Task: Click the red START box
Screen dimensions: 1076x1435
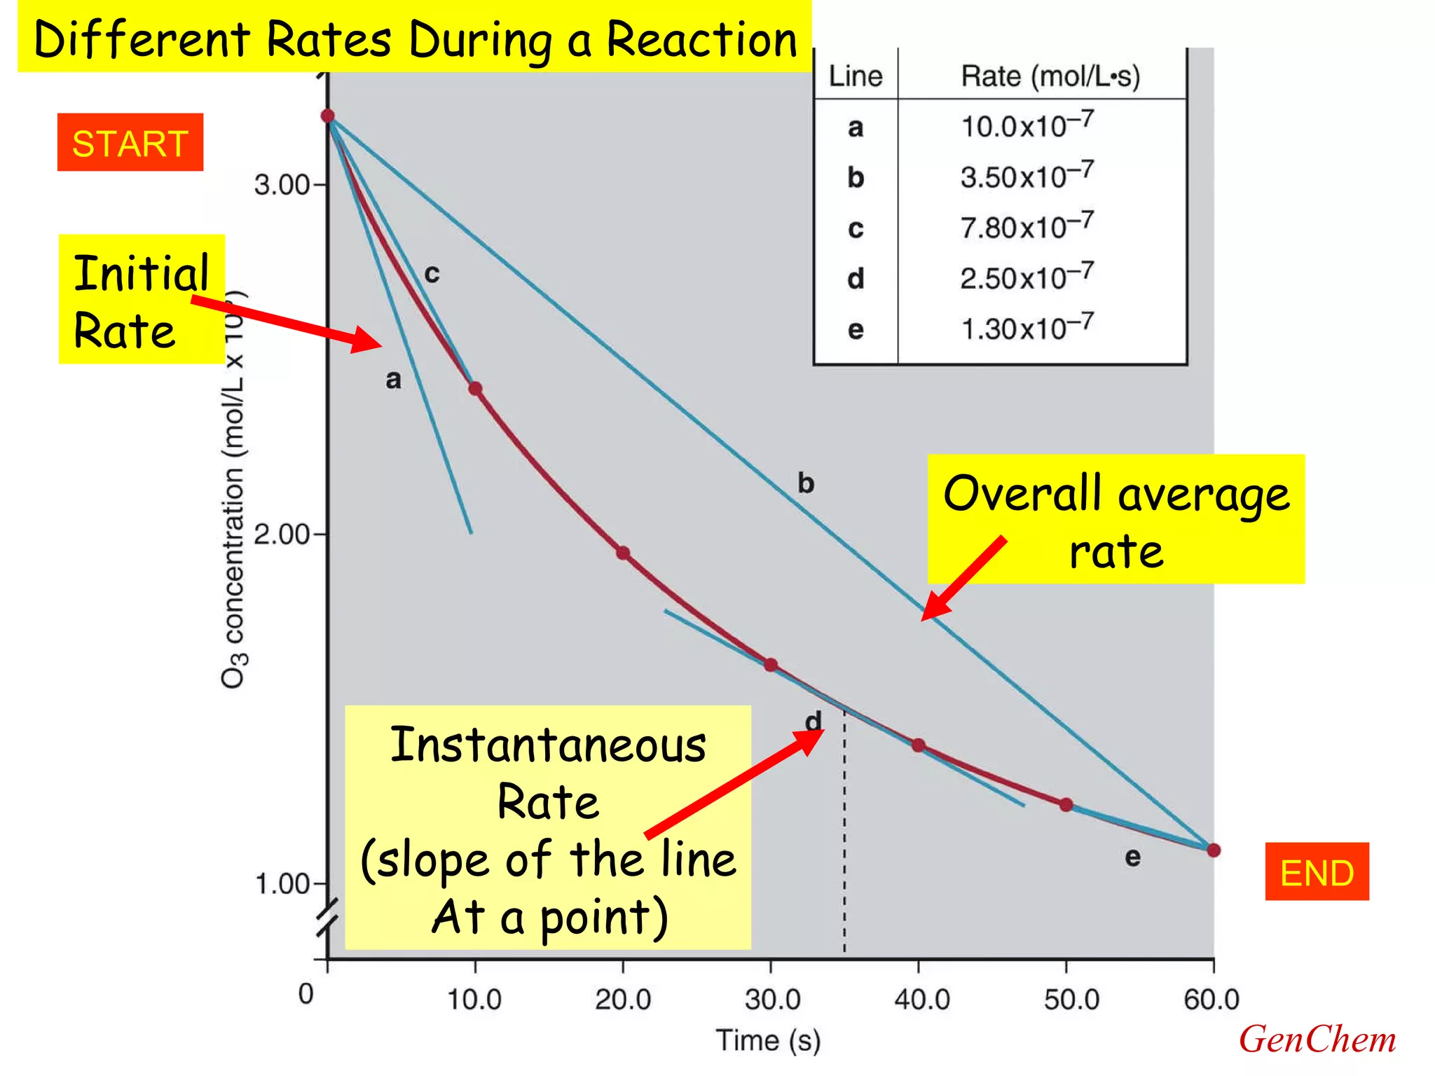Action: tap(130, 143)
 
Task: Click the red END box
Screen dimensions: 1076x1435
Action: tap(1317, 872)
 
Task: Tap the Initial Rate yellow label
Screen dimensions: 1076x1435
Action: tap(141, 300)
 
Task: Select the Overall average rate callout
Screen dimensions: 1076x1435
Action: tap(1115, 520)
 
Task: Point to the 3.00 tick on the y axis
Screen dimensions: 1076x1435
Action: tap(282, 185)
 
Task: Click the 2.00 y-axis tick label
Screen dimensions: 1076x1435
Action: tap(282, 534)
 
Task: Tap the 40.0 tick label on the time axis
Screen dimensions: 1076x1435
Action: tap(921, 1000)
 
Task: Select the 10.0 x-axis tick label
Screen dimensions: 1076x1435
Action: tap(474, 1000)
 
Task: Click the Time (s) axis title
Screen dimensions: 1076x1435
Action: tap(768, 1040)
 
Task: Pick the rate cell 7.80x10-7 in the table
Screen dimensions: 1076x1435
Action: tap(1026, 226)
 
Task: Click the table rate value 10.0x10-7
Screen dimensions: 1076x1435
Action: tap(1026, 125)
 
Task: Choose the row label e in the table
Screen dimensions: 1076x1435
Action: tap(856, 329)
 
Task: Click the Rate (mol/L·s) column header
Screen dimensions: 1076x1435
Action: tap(1050, 76)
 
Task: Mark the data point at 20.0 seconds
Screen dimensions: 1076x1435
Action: tap(623, 553)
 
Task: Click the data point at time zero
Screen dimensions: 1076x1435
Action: tap(327, 116)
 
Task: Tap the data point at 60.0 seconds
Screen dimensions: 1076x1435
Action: tap(1214, 850)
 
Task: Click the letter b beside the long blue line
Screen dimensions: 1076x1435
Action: tap(806, 483)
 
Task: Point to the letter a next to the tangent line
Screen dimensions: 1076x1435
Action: tap(394, 380)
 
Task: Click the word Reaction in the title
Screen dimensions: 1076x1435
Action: tap(701, 40)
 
